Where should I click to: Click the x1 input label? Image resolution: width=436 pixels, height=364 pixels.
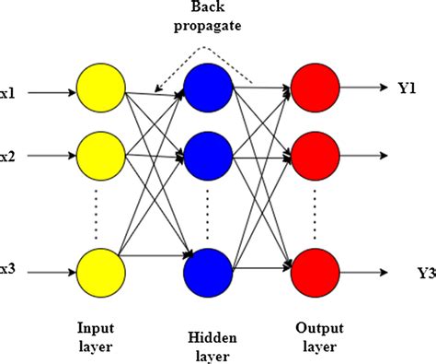7,91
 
